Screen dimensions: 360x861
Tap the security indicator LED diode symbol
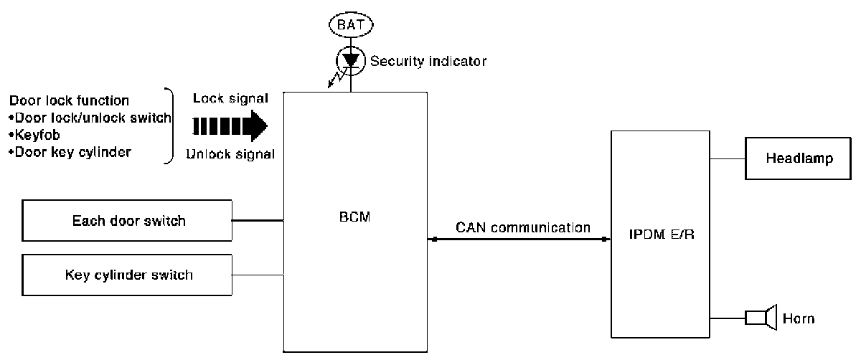351,60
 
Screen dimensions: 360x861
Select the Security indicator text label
428,62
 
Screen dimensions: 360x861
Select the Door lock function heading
70,100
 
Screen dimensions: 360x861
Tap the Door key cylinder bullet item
70,152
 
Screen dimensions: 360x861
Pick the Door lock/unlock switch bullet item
90,118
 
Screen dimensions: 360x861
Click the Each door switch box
128,220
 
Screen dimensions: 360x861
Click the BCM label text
356,215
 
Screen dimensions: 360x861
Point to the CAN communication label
523,228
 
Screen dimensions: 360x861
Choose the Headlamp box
799,159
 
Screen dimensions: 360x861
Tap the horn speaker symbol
761,318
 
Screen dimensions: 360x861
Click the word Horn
799,318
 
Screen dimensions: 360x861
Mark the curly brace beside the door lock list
169,126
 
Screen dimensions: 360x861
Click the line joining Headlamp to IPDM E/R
728,158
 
